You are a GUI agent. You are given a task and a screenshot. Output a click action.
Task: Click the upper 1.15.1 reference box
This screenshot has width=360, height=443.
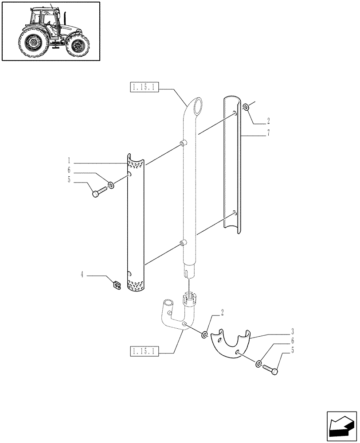[143, 87]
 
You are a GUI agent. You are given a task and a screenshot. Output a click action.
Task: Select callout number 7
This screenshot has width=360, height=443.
[269, 132]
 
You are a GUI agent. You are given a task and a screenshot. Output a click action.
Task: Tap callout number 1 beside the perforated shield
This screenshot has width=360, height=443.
[69, 160]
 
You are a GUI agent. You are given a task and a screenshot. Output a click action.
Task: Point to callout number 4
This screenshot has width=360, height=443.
[82, 275]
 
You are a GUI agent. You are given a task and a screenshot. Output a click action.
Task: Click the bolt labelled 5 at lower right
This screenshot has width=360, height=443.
[271, 369]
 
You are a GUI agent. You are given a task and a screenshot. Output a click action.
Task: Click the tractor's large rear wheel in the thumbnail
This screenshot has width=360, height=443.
[34, 43]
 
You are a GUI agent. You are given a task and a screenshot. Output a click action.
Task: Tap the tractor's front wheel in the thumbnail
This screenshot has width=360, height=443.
[80, 46]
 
